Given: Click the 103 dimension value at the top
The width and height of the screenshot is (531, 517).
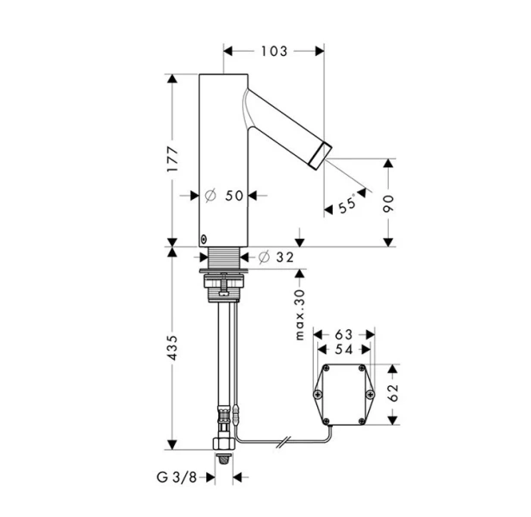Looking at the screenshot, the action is coord(274,51).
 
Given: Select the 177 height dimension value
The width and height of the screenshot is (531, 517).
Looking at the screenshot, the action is coord(172,159).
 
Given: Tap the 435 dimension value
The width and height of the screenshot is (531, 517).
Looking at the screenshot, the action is coord(172,347).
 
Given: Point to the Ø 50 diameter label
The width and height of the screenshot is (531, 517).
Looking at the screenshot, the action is coord(224,196).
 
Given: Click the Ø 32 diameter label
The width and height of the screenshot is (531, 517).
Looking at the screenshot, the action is coord(276,258).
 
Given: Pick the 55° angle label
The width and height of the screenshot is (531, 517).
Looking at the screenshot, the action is coord(347,203).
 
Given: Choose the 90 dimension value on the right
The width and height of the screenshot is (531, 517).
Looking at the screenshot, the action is coord(389,203).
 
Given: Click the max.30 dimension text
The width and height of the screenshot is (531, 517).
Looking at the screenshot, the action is coord(300,315).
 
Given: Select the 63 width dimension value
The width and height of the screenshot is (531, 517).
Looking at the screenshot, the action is coord(344,334).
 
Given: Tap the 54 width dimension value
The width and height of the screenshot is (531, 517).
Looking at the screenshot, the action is coord(344,350).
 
